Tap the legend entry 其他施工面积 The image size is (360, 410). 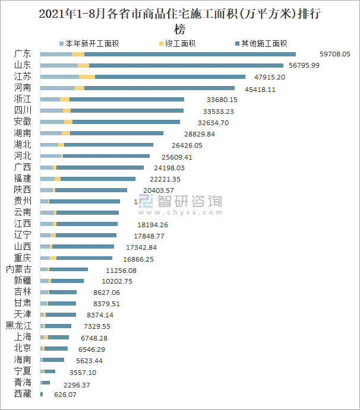tap(261, 43)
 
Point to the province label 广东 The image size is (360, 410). tap(23, 54)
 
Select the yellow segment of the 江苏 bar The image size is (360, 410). tap(87, 77)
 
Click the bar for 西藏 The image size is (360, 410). tap(42, 394)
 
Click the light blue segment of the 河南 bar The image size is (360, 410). tap(57, 88)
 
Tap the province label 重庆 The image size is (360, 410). tap(23, 258)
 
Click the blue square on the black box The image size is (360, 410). tap(147, 202)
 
